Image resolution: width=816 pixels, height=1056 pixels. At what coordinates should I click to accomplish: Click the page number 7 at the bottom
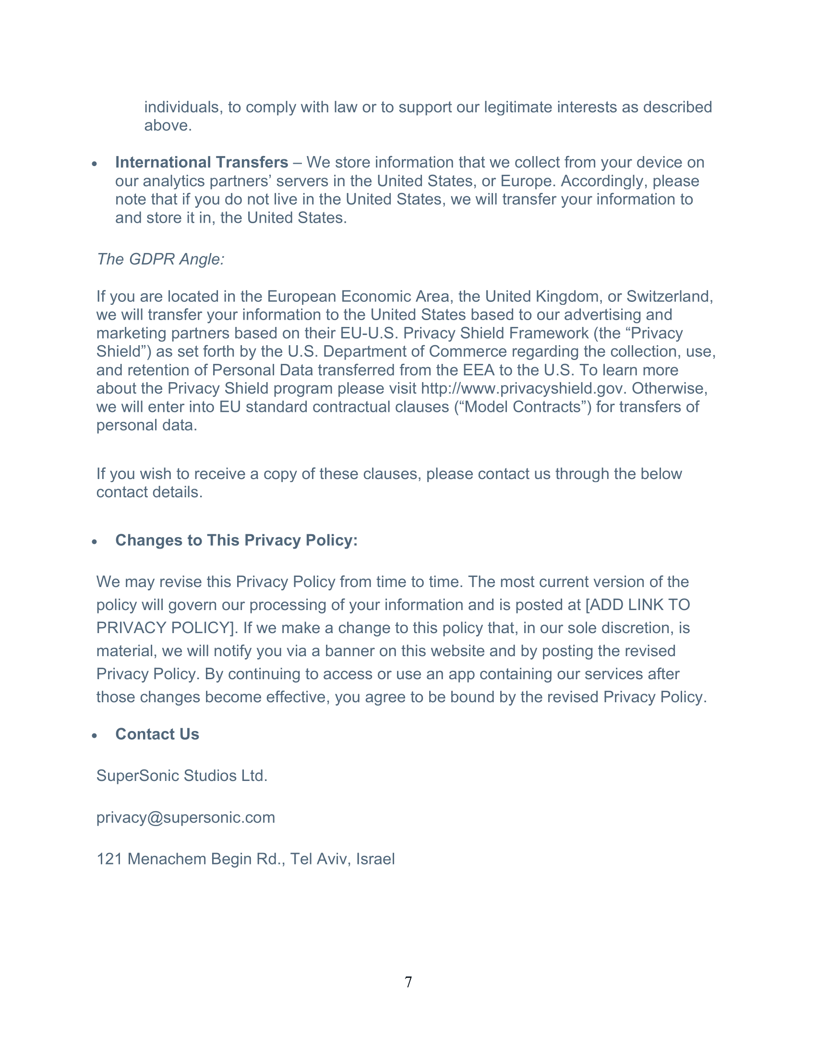(x=408, y=982)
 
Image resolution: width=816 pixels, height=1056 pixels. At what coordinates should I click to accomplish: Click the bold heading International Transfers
(x=202, y=162)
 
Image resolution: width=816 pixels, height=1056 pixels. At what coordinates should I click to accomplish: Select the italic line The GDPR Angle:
(x=160, y=259)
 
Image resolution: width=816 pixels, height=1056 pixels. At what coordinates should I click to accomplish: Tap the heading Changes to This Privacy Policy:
(x=236, y=540)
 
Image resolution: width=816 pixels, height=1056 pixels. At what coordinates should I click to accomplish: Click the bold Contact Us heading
(x=157, y=734)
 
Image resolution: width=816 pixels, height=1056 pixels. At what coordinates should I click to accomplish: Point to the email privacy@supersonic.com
(x=186, y=817)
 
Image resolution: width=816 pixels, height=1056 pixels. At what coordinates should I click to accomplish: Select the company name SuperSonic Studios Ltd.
(x=182, y=776)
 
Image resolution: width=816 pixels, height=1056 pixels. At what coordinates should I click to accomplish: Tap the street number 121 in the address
(x=109, y=859)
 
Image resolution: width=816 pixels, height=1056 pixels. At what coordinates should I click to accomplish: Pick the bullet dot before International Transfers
(x=95, y=164)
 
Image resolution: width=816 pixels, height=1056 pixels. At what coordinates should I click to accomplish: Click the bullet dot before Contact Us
(x=95, y=736)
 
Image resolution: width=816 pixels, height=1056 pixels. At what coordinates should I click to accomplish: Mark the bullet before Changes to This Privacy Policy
(x=95, y=542)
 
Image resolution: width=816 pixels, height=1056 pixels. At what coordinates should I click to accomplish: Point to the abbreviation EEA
(x=479, y=370)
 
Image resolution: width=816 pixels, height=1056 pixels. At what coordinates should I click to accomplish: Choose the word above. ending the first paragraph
(x=168, y=125)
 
